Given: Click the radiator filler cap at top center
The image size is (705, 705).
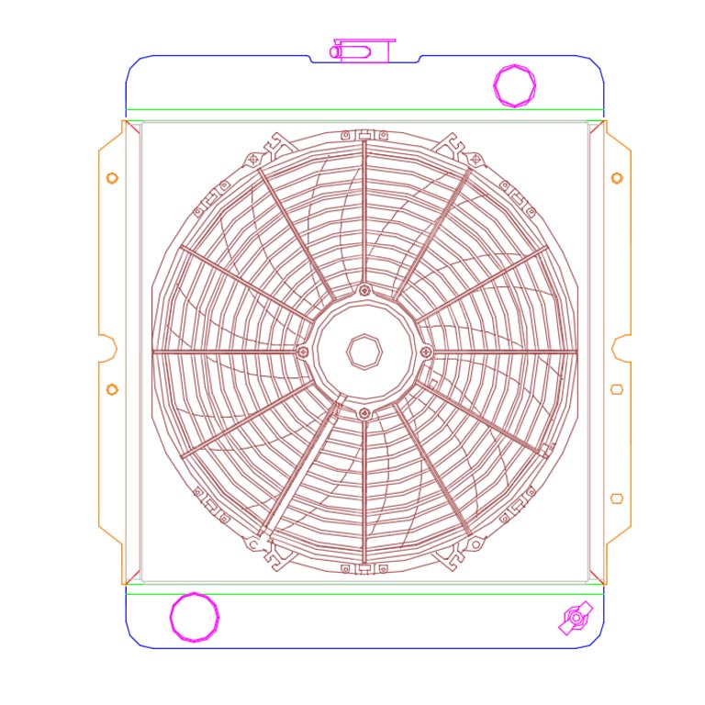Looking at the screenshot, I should [x=364, y=50].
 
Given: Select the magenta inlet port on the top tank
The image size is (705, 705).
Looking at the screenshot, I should [x=514, y=85].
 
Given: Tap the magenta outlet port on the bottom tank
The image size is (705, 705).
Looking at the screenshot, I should [x=194, y=617].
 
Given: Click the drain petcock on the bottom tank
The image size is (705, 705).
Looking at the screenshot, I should [x=575, y=619].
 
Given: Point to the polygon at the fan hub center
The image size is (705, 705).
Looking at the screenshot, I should [x=364, y=350].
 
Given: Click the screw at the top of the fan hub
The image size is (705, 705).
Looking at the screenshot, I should [x=365, y=291].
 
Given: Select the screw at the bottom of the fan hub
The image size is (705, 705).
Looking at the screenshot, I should [x=365, y=412].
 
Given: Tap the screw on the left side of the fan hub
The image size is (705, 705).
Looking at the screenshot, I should [x=304, y=352].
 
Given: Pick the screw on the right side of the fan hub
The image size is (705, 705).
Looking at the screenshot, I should [x=426, y=352].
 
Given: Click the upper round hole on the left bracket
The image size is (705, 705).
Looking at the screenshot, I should [x=112, y=177].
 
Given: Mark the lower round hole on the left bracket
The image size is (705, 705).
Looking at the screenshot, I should [x=112, y=389].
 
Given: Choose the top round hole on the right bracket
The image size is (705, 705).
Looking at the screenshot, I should [x=617, y=177].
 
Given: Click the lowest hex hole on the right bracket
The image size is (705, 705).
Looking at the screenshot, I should [x=617, y=498].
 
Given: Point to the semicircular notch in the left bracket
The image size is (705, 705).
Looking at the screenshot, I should [x=112, y=349].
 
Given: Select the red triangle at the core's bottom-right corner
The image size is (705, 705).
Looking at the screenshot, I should [x=596, y=576].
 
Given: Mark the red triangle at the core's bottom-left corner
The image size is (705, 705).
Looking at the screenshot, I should [x=132, y=576].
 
